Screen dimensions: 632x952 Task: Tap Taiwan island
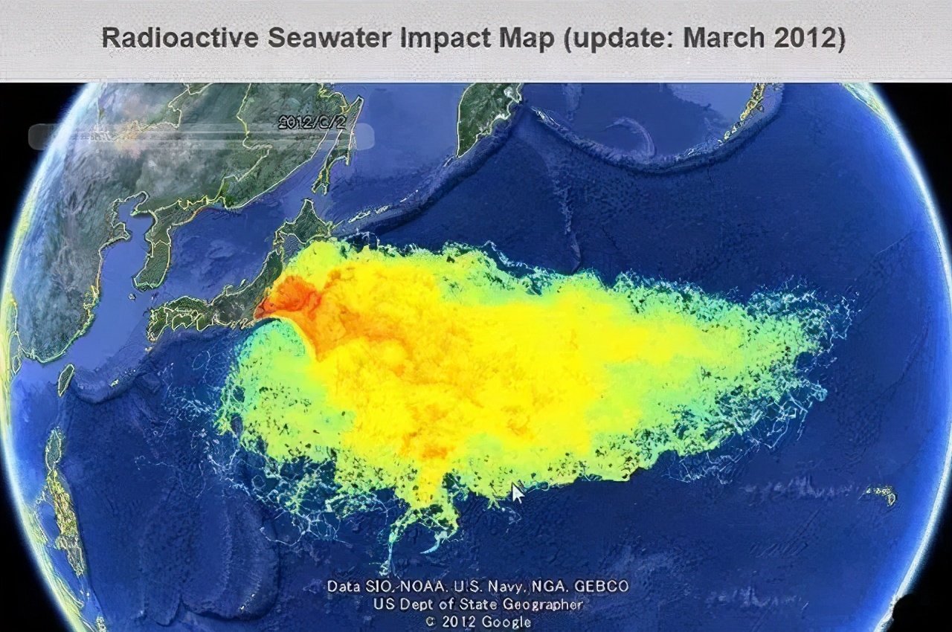point(65,378)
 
